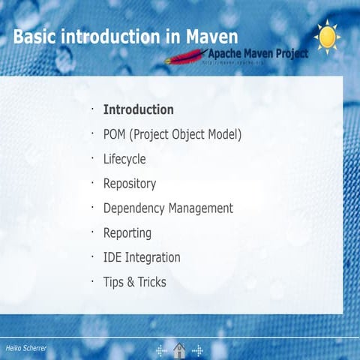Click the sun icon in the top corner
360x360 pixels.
(x=327, y=37)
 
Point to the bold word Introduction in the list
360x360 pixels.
(x=138, y=109)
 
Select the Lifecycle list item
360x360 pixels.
(x=124, y=159)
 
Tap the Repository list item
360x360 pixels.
(x=129, y=184)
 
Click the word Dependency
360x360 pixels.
(x=133, y=208)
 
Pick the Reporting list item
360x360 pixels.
(x=127, y=233)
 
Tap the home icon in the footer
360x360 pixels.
(x=180, y=350)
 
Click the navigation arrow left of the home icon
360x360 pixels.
(x=161, y=350)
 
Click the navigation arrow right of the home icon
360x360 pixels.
(x=198, y=350)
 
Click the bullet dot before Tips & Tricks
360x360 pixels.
(x=91, y=280)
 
